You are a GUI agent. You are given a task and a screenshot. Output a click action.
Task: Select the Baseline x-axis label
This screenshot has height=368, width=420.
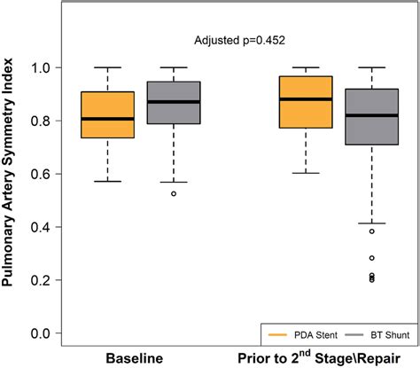[x=135, y=359]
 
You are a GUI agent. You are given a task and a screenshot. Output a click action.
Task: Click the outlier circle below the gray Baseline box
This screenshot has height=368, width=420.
[x=174, y=193]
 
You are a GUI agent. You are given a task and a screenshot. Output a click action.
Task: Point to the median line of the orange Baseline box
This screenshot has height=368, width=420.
[x=107, y=119]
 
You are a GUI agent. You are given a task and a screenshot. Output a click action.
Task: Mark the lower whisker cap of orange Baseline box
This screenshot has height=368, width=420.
[x=107, y=181]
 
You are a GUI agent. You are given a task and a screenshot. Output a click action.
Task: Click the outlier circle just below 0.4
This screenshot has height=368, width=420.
[x=372, y=231]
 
